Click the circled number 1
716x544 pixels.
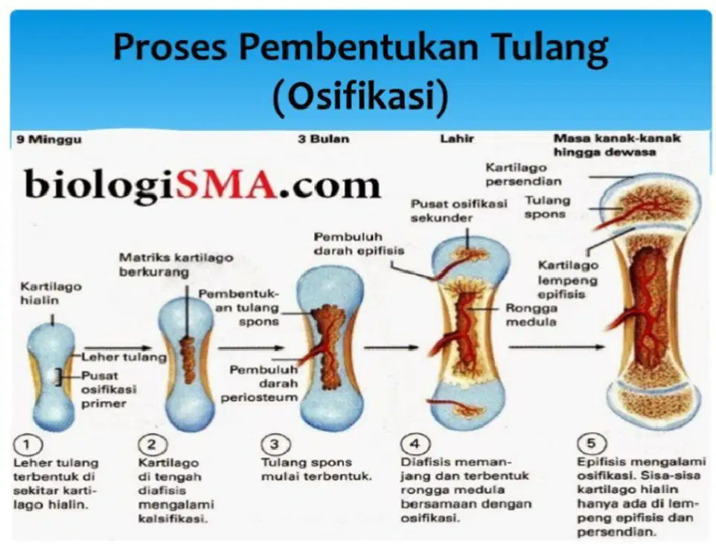[28, 444]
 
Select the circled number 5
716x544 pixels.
[591, 443]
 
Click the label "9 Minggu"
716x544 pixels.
[49, 139]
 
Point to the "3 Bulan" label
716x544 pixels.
[323, 139]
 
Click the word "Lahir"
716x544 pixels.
[457, 138]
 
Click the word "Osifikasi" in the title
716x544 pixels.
[361, 96]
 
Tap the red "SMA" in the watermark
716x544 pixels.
[227, 184]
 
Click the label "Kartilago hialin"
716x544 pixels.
[51, 293]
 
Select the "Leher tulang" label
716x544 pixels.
[124, 356]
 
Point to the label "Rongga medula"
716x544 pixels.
[531, 315]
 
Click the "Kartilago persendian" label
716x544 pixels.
[523, 174]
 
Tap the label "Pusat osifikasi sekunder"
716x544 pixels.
[459, 211]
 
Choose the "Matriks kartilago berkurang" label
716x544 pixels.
[176, 265]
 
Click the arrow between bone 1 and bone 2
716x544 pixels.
[118, 348]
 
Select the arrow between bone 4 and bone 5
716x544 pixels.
[556, 347]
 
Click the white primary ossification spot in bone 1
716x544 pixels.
[51, 377]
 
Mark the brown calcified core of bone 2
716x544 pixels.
[186, 360]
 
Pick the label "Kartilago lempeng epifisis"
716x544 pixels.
[568, 280]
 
